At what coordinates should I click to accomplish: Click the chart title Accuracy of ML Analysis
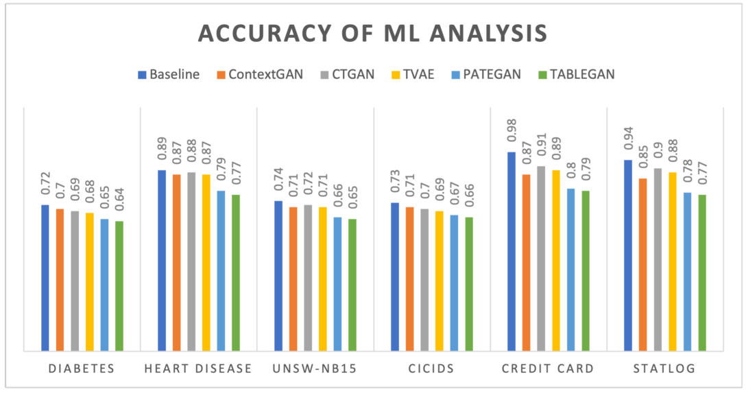point(372,34)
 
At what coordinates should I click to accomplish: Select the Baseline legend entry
point(169,75)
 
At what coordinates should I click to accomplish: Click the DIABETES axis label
point(82,369)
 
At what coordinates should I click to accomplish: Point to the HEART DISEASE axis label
point(198,369)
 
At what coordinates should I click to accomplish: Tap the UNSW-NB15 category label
point(315,369)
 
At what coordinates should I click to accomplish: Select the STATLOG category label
point(664,369)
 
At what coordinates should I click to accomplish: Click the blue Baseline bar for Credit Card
point(512,251)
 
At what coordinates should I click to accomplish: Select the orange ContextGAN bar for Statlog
point(642,264)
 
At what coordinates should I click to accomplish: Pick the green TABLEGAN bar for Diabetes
point(119,285)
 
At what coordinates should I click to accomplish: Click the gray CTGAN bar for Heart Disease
point(191,261)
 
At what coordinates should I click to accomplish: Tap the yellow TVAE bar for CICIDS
point(439,281)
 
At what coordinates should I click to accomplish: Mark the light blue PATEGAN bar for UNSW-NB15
point(337,283)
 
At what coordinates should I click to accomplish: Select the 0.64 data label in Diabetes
point(119,202)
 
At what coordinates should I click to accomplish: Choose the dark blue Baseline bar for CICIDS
point(395,277)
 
